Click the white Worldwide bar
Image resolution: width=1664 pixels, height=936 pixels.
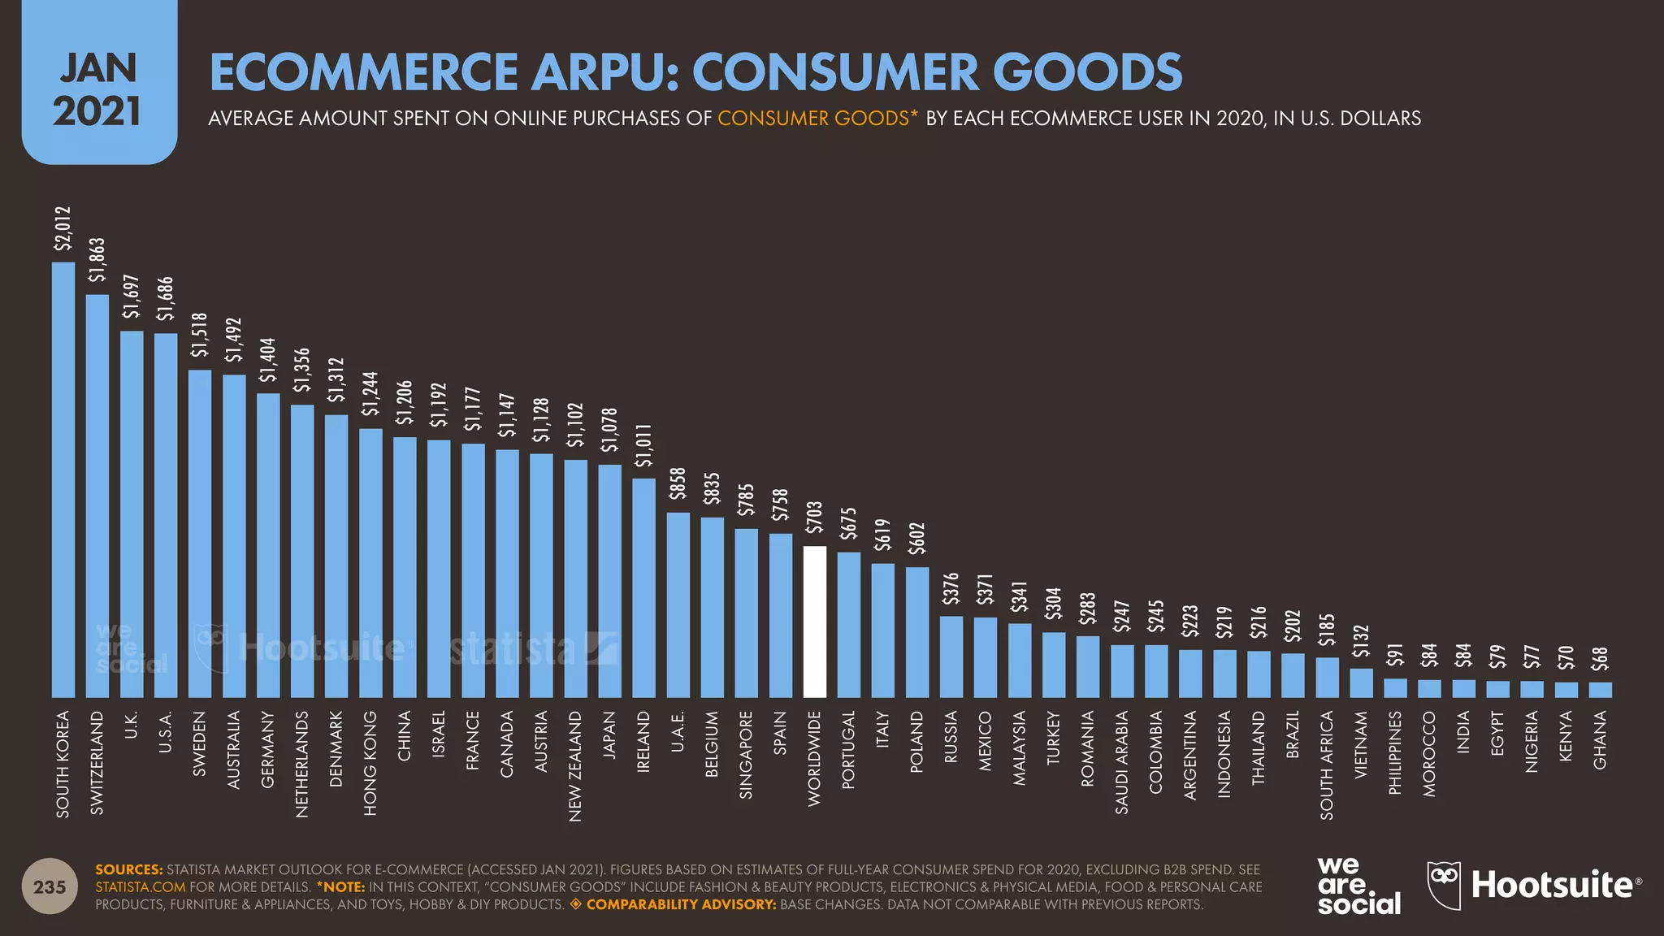(814, 622)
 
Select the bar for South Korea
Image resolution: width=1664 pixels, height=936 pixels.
(63, 479)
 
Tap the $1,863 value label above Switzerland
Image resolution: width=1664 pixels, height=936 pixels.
(97, 259)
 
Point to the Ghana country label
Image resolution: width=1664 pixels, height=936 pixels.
(1600, 739)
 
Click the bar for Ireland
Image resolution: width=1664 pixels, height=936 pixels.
(643, 587)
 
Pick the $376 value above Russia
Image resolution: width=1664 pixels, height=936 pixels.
(951, 589)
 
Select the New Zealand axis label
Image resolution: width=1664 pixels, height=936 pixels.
(575, 765)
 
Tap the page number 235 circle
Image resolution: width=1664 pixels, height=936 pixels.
(50, 886)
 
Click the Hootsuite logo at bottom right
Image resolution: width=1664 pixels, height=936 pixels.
(1534, 885)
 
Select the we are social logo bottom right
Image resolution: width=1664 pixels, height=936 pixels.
(1358, 886)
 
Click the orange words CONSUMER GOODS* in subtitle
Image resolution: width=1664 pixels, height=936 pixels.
(817, 119)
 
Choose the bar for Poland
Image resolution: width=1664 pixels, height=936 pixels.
(917, 632)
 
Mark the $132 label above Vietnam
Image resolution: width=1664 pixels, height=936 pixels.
(1361, 641)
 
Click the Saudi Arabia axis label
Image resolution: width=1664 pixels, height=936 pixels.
(1122, 761)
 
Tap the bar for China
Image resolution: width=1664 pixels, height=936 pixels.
(405, 567)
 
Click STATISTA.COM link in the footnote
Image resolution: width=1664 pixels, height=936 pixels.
(140, 887)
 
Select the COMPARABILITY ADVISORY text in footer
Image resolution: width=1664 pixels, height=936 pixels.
(681, 904)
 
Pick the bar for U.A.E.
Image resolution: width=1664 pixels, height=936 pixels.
(678, 604)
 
